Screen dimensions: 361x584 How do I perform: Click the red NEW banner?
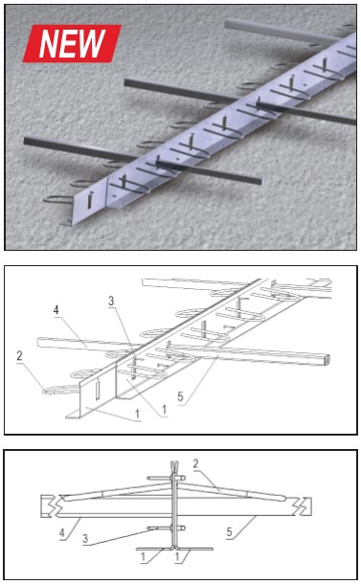pyautogui.click(x=72, y=43)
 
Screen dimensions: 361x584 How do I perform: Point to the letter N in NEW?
pyautogui.click(x=49, y=44)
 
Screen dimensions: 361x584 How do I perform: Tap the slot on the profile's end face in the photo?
pyautogui.click(x=90, y=200)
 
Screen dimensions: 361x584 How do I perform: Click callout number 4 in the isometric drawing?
pyautogui.click(x=56, y=309)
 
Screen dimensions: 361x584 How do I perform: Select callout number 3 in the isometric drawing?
pyautogui.click(x=111, y=301)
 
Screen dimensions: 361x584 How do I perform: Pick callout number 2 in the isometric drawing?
pyautogui.click(x=20, y=356)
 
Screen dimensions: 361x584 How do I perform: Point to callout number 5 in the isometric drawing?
pyautogui.click(x=180, y=396)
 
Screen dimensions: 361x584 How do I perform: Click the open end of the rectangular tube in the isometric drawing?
pyautogui.click(x=327, y=360)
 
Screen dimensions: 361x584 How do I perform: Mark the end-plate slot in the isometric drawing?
pyautogui.click(x=98, y=391)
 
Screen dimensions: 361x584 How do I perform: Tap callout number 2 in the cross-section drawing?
pyautogui.click(x=196, y=463)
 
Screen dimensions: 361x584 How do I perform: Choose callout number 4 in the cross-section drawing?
pyautogui.click(x=62, y=533)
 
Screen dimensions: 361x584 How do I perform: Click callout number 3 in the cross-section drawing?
pyautogui.click(x=85, y=538)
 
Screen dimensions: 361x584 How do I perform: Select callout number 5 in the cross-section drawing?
pyautogui.click(x=230, y=532)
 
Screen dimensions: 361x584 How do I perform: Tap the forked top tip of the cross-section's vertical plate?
pyautogui.click(x=173, y=466)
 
